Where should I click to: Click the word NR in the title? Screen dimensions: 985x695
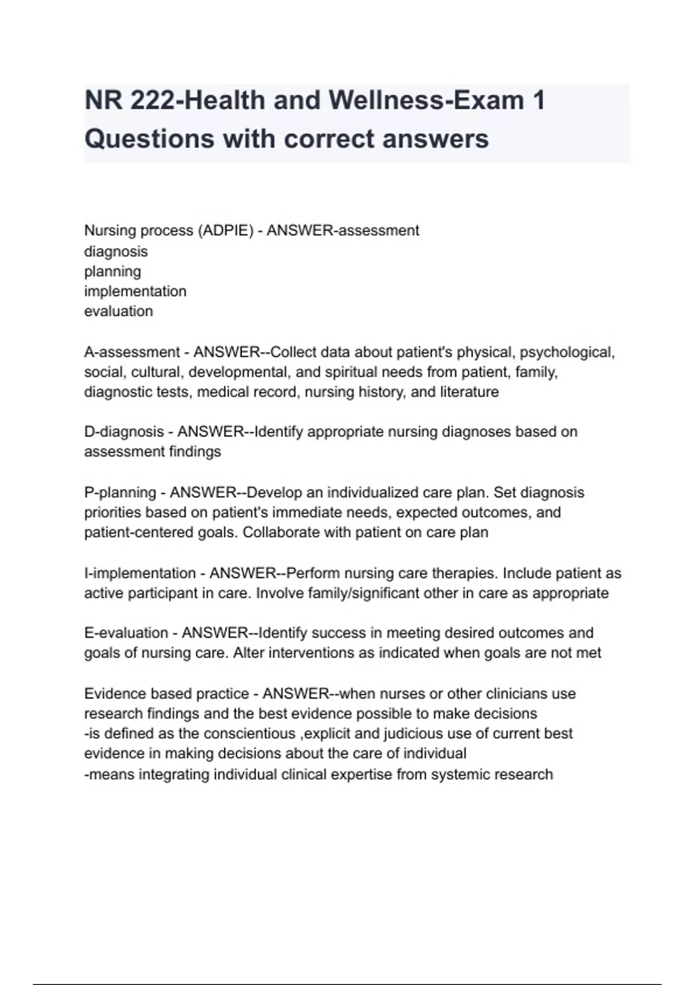click(103, 101)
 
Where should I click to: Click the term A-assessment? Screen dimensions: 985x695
click(132, 352)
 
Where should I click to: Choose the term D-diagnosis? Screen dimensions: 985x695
click(124, 432)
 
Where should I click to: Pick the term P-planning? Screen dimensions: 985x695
click(120, 493)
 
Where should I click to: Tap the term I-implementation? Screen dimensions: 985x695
click(140, 573)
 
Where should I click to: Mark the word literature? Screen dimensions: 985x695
click(471, 392)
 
